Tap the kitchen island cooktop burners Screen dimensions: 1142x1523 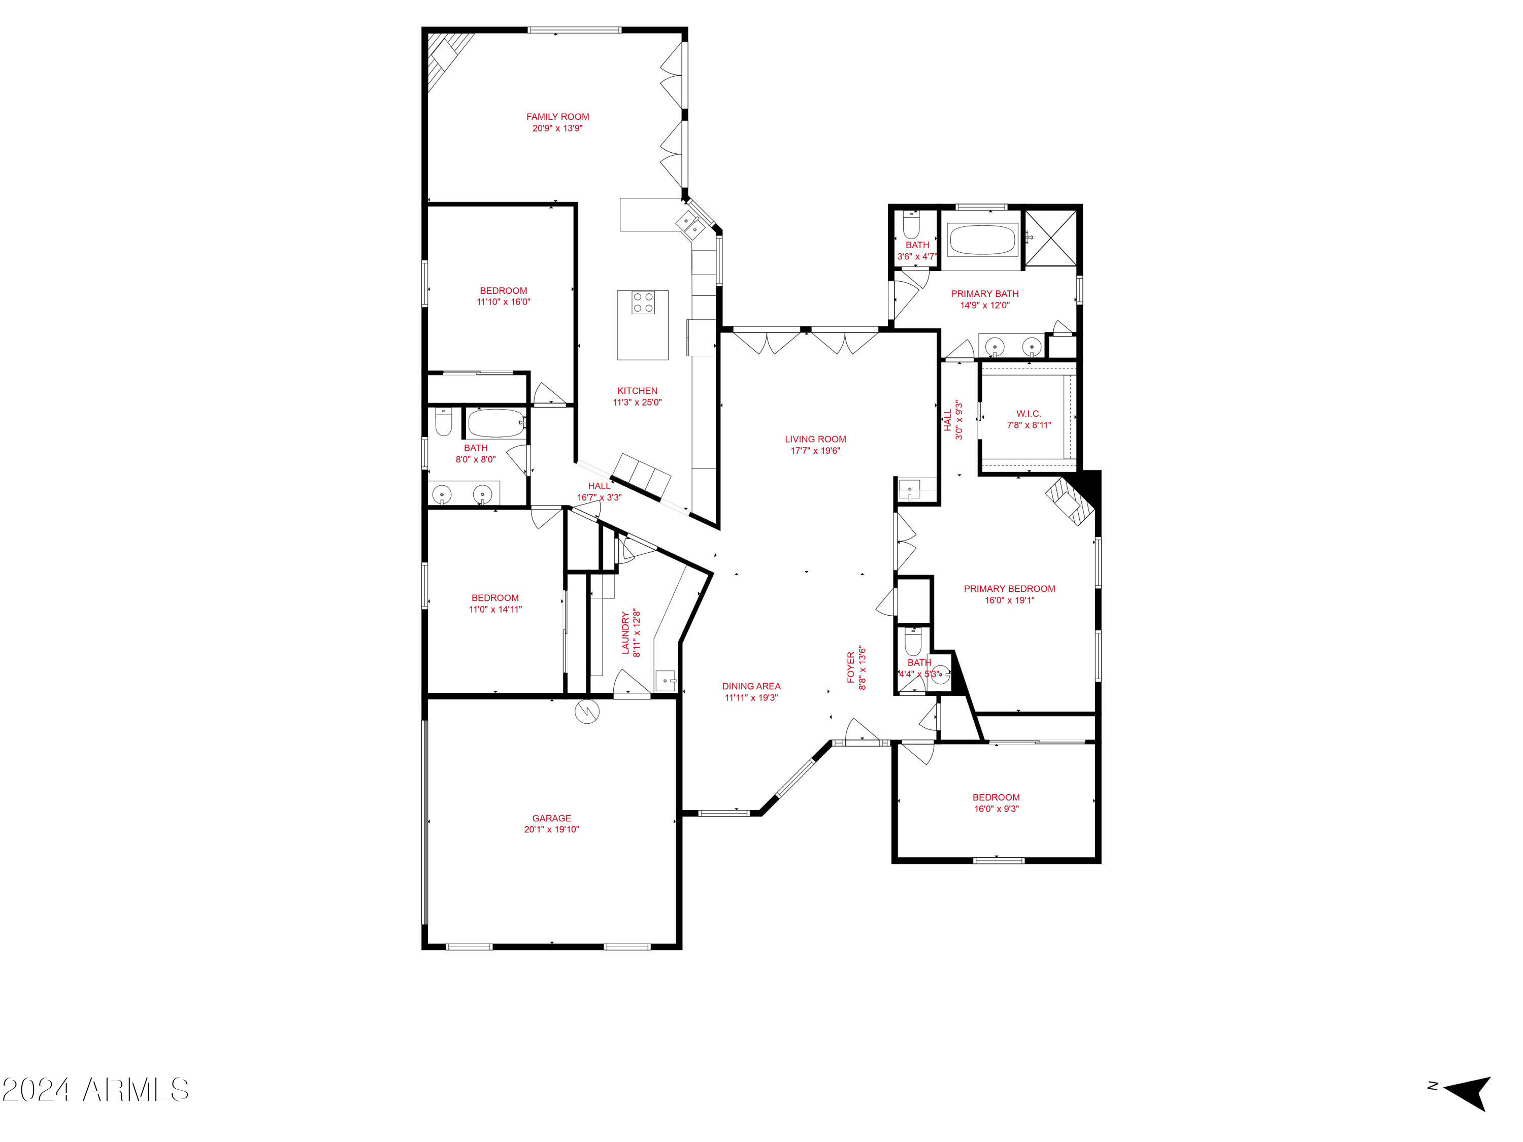pyautogui.click(x=643, y=303)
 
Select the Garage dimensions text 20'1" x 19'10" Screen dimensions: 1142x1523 pyautogui.click(x=551, y=829)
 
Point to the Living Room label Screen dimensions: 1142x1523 pyautogui.click(x=815, y=439)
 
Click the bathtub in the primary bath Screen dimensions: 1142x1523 pyautogui.click(x=982, y=240)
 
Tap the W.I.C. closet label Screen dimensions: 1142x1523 pyautogui.click(x=1029, y=414)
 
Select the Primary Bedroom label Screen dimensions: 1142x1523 pyautogui.click(x=1009, y=589)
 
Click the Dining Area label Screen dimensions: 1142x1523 pyautogui.click(x=751, y=686)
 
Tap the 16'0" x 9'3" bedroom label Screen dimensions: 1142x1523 pyautogui.click(x=996, y=797)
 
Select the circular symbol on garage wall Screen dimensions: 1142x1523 pyautogui.click(x=587, y=711)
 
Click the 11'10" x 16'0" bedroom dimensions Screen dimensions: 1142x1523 pyautogui.click(x=503, y=301)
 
